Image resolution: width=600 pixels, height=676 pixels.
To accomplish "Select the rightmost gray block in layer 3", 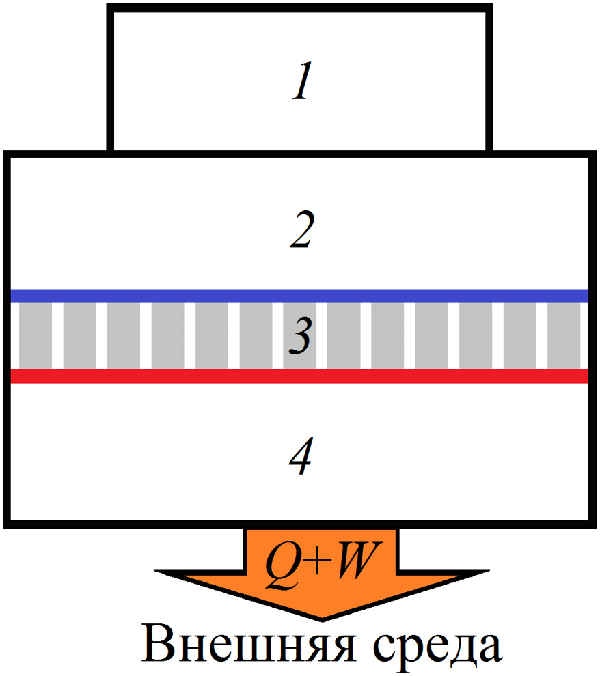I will pyautogui.click(x=564, y=336).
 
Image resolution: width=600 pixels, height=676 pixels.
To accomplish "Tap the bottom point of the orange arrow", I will pyautogui.click(x=321, y=617).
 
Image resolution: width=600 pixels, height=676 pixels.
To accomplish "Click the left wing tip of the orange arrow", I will pyautogui.click(x=159, y=571).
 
